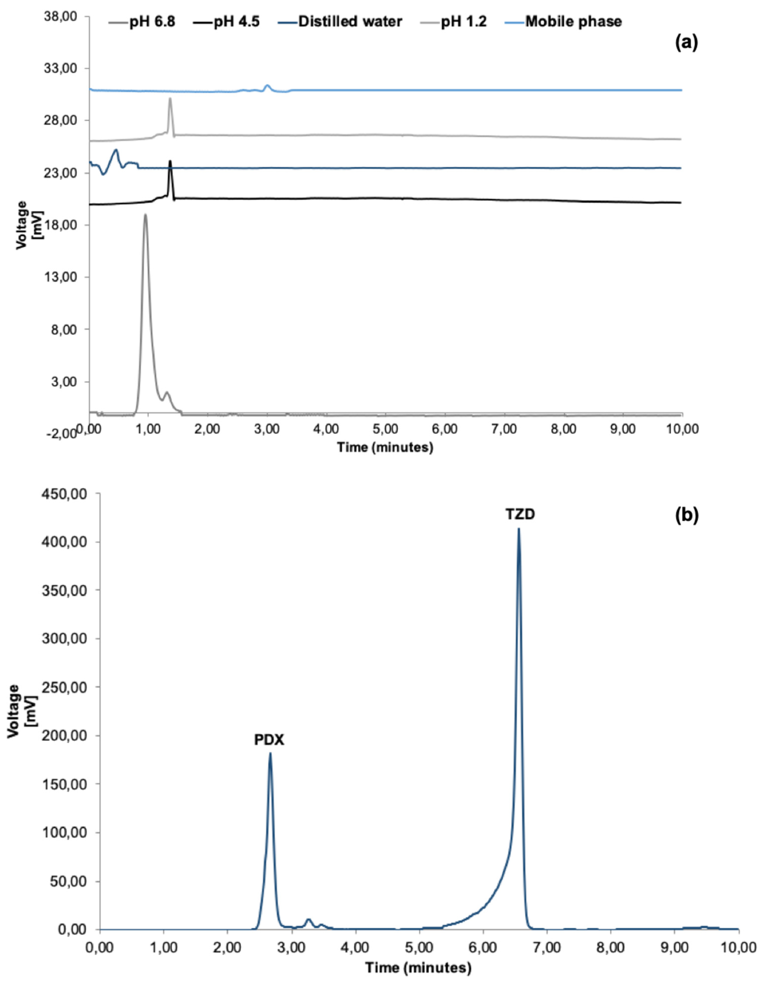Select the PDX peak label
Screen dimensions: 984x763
coord(269,740)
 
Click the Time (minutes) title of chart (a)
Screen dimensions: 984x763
coord(385,447)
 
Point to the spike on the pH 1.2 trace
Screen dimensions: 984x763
coord(170,99)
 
